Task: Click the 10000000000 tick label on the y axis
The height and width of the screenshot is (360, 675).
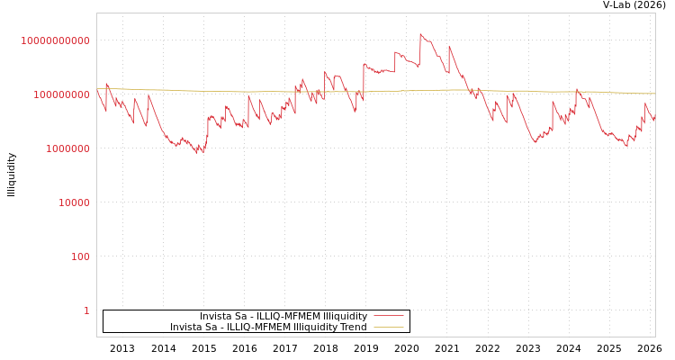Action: [x=56, y=40]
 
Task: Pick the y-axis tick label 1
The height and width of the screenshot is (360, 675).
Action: [x=86, y=310]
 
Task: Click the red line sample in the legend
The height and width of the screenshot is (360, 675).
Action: [x=388, y=316]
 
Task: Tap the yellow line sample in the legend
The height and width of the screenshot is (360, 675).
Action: [x=388, y=327]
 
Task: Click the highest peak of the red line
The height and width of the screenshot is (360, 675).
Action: [x=420, y=34]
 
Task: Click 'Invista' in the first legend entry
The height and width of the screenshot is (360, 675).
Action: [x=216, y=317]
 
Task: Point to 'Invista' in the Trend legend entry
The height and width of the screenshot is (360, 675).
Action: [x=186, y=328]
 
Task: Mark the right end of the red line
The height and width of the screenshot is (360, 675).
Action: [x=655, y=120]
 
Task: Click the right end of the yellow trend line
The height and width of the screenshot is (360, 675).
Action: [x=655, y=94]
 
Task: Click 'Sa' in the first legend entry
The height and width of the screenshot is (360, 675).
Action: [x=244, y=317]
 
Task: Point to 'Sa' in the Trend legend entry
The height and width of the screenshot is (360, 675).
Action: [x=214, y=328]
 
